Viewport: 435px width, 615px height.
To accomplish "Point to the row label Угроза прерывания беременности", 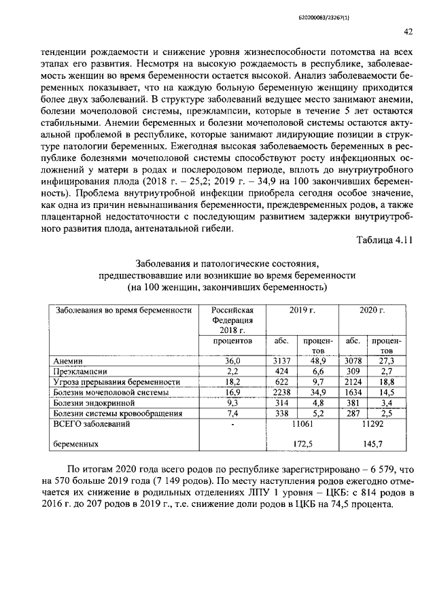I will click(x=116, y=382).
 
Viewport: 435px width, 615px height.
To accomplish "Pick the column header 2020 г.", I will click(x=372, y=310).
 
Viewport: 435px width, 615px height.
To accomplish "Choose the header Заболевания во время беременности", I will click(x=122, y=310).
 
